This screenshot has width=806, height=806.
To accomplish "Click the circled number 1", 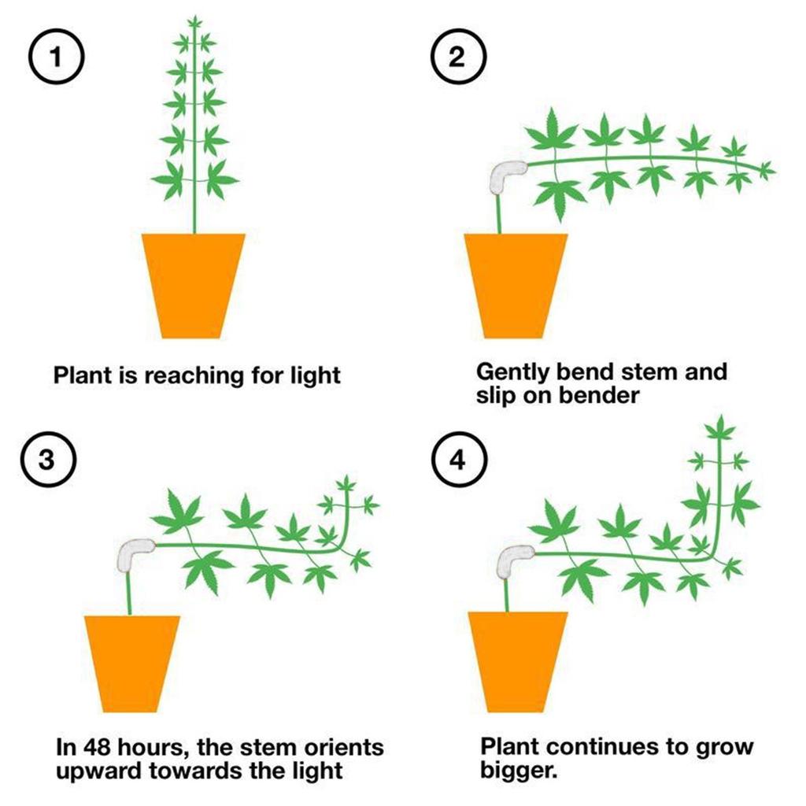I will (54, 59).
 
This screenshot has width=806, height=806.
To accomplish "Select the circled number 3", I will (46, 461).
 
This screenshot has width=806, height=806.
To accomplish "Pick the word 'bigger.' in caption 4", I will (519, 769).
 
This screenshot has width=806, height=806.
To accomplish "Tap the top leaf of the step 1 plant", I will (194, 22).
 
